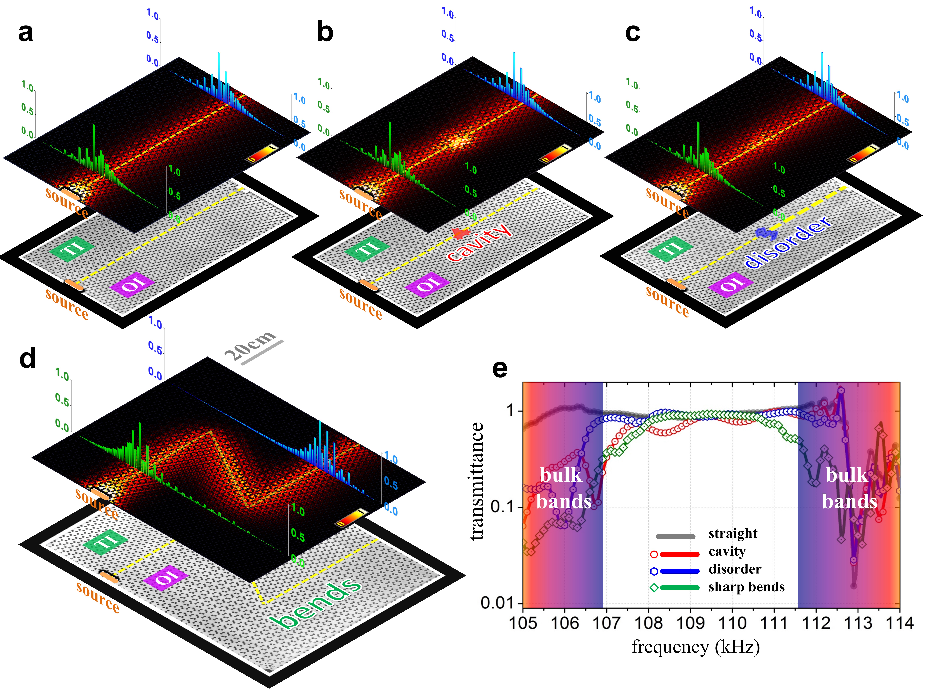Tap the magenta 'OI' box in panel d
(166, 578)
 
